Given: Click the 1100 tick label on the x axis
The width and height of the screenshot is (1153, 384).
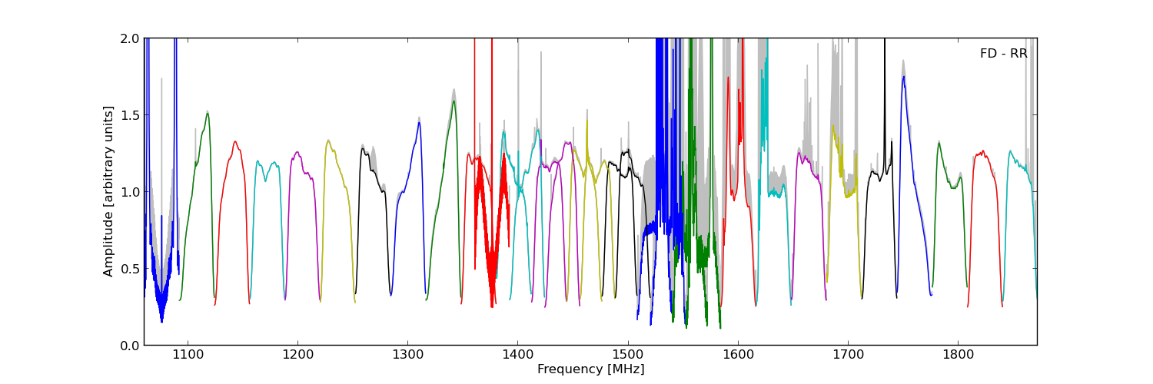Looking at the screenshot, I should (x=188, y=356).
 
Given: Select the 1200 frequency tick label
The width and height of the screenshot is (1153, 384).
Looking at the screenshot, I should (x=297, y=356).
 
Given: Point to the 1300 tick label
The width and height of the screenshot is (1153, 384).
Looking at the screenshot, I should (x=407, y=356).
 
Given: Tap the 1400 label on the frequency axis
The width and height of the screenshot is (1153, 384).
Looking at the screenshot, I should (x=517, y=356).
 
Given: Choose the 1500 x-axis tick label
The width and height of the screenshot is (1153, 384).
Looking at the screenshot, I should (x=628, y=356).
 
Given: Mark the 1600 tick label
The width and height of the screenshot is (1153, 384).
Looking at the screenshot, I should (x=738, y=356).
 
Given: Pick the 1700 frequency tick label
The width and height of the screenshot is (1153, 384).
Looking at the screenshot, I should (x=848, y=356).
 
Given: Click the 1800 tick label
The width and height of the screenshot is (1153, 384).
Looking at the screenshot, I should (x=958, y=356).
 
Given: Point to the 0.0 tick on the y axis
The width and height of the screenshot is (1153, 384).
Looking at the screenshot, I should (x=129, y=346).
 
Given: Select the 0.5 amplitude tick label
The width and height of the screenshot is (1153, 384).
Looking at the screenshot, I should (x=129, y=269).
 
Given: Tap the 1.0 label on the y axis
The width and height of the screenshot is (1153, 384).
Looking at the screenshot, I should (x=129, y=192).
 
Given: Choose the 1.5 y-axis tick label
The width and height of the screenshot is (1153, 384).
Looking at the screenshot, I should (x=129, y=115).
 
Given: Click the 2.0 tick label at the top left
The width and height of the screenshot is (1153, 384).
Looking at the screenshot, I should (x=129, y=38).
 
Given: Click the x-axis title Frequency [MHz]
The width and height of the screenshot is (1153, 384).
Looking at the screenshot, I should (x=590, y=369).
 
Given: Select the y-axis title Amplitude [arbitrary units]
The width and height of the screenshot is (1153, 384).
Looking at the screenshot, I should (x=109, y=191).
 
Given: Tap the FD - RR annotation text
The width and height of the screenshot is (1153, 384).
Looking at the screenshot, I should (x=1003, y=54).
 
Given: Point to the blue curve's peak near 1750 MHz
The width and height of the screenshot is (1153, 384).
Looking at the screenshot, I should (x=904, y=77).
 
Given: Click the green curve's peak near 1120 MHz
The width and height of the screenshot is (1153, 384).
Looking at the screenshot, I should (x=207, y=114).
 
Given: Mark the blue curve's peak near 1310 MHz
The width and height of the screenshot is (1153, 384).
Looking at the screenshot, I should (x=419, y=122).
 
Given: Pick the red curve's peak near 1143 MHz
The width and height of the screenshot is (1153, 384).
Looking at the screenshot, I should (x=235, y=141).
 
